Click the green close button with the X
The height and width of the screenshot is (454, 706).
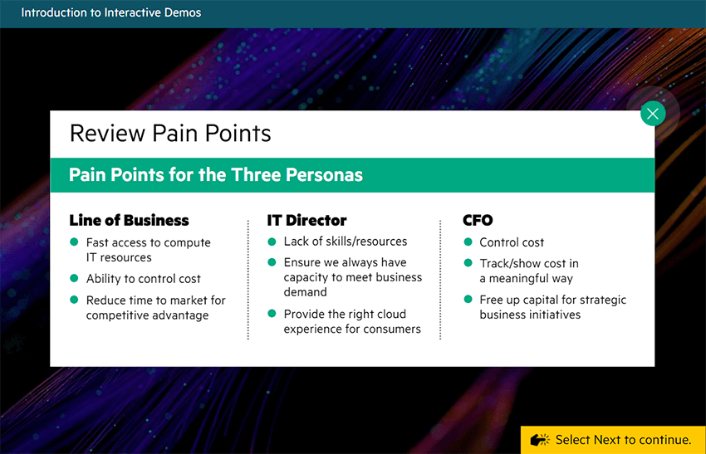(x=653, y=114)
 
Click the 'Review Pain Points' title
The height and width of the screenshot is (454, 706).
(x=170, y=133)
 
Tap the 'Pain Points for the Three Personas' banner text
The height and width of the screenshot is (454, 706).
(x=215, y=175)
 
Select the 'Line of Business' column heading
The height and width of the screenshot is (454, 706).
(x=129, y=220)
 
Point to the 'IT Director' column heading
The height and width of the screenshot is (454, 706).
(x=306, y=220)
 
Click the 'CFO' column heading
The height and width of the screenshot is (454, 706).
(x=478, y=220)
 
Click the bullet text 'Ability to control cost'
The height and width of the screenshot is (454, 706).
(x=143, y=279)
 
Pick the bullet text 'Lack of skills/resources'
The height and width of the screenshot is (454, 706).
(x=345, y=242)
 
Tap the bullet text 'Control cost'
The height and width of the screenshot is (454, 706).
(x=512, y=242)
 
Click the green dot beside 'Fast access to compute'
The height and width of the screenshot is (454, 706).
(x=74, y=242)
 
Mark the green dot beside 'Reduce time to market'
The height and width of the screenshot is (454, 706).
(x=74, y=300)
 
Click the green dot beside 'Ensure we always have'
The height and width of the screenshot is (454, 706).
(x=272, y=262)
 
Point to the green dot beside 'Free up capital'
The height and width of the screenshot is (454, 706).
(x=468, y=300)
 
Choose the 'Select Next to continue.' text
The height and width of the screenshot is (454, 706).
(x=623, y=440)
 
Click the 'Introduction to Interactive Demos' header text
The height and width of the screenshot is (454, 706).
(x=111, y=12)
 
